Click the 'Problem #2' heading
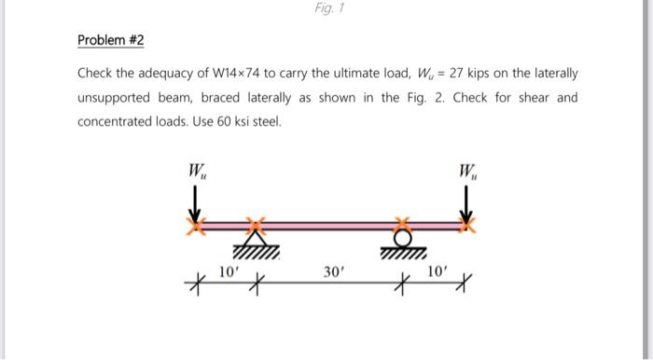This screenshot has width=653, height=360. [x=111, y=41]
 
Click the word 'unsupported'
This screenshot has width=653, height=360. [x=115, y=97]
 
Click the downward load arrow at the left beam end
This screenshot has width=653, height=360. [x=197, y=203]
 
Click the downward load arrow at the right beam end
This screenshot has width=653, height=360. [x=463, y=203]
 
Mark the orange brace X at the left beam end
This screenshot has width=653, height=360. [x=197, y=225]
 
